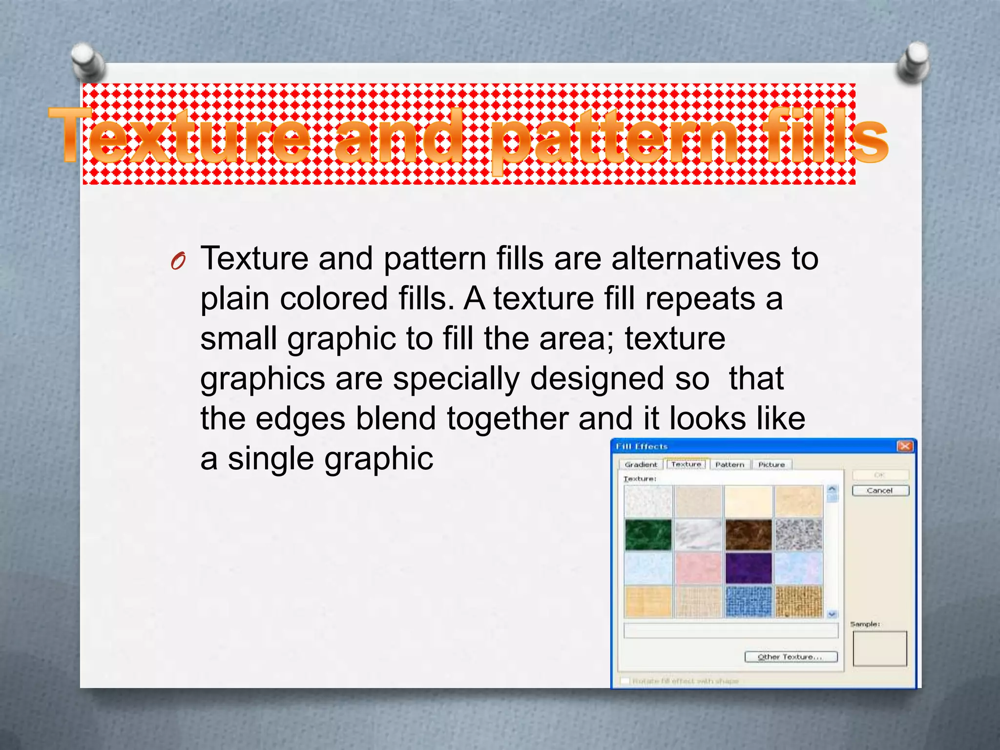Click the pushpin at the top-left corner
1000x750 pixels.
(x=88, y=62)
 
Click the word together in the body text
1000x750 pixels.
(x=507, y=419)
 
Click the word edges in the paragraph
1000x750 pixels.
(x=300, y=419)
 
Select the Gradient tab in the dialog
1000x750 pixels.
(x=641, y=464)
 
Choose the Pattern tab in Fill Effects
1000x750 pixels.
(x=729, y=464)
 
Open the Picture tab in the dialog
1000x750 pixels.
(x=771, y=464)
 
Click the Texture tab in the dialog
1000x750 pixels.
(x=686, y=464)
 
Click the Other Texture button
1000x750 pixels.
(x=791, y=657)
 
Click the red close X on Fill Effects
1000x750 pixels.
(x=905, y=446)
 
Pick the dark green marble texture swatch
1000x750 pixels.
(x=648, y=535)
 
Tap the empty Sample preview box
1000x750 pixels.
(x=879, y=648)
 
